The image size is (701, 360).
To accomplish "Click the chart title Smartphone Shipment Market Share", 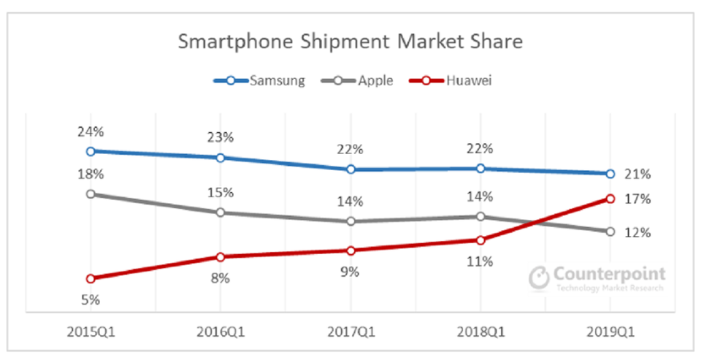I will [350, 42].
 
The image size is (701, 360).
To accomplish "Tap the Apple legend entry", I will [365, 80].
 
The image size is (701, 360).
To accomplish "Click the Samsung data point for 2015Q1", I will [91, 151].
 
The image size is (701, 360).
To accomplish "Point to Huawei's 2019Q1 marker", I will [610, 199].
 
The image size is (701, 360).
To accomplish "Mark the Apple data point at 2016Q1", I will [220, 212].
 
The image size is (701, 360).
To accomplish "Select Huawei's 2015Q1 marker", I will [91, 278].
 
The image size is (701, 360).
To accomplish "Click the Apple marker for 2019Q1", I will [610, 231].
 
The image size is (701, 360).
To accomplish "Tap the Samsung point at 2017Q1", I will [350, 169].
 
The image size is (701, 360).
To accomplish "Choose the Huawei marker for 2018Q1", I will [480, 240].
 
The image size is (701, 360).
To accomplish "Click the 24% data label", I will [91, 132].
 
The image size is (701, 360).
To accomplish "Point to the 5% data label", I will [91, 299].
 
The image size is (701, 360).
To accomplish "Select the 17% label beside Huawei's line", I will [637, 199].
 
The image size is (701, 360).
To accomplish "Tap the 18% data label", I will [91, 175].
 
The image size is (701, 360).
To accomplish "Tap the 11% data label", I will [480, 261].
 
